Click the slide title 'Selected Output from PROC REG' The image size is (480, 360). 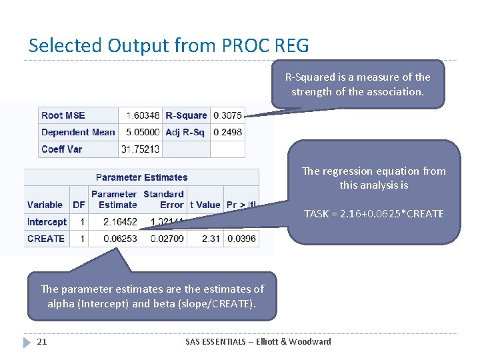click(169, 45)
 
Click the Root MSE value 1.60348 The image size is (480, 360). click(141, 115)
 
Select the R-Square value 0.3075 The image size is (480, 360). click(227, 115)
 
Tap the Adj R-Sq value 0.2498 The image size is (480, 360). click(227, 132)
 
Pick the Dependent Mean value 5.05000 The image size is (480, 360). click(141, 132)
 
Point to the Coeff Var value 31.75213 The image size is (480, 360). click(141, 149)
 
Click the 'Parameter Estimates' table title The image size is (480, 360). click(141, 177)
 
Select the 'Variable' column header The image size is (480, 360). click(45, 205)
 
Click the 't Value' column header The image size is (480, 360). click(205, 205)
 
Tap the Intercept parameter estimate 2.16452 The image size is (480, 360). click(121, 222)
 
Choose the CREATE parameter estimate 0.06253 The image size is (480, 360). click(121, 239)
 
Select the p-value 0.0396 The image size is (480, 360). click(241, 239)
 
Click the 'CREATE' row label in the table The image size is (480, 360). click(46, 239)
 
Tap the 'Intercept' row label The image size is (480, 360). click(47, 222)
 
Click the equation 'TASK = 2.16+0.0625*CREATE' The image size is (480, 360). click(373, 213)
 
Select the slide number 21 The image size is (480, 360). click(42, 341)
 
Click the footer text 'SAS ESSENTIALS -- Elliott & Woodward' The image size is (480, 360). click(258, 341)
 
